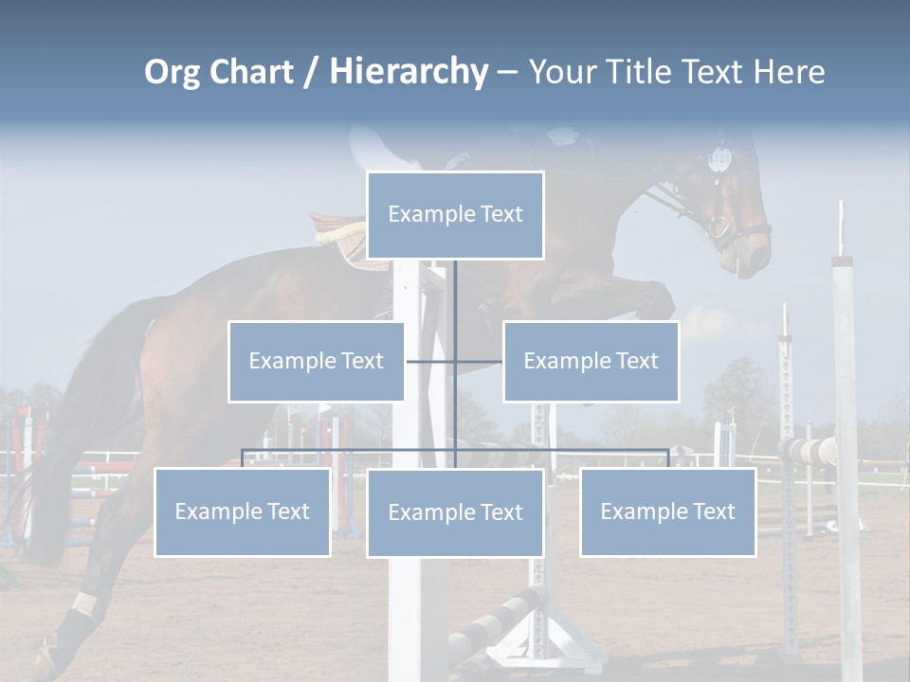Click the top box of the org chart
point(455,215)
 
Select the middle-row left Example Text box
point(316,361)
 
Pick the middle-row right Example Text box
point(591,361)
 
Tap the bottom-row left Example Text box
point(242,511)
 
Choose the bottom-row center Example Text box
point(455,512)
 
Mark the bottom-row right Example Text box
point(667,511)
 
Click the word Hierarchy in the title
point(409,72)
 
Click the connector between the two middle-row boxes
point(455,361)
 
